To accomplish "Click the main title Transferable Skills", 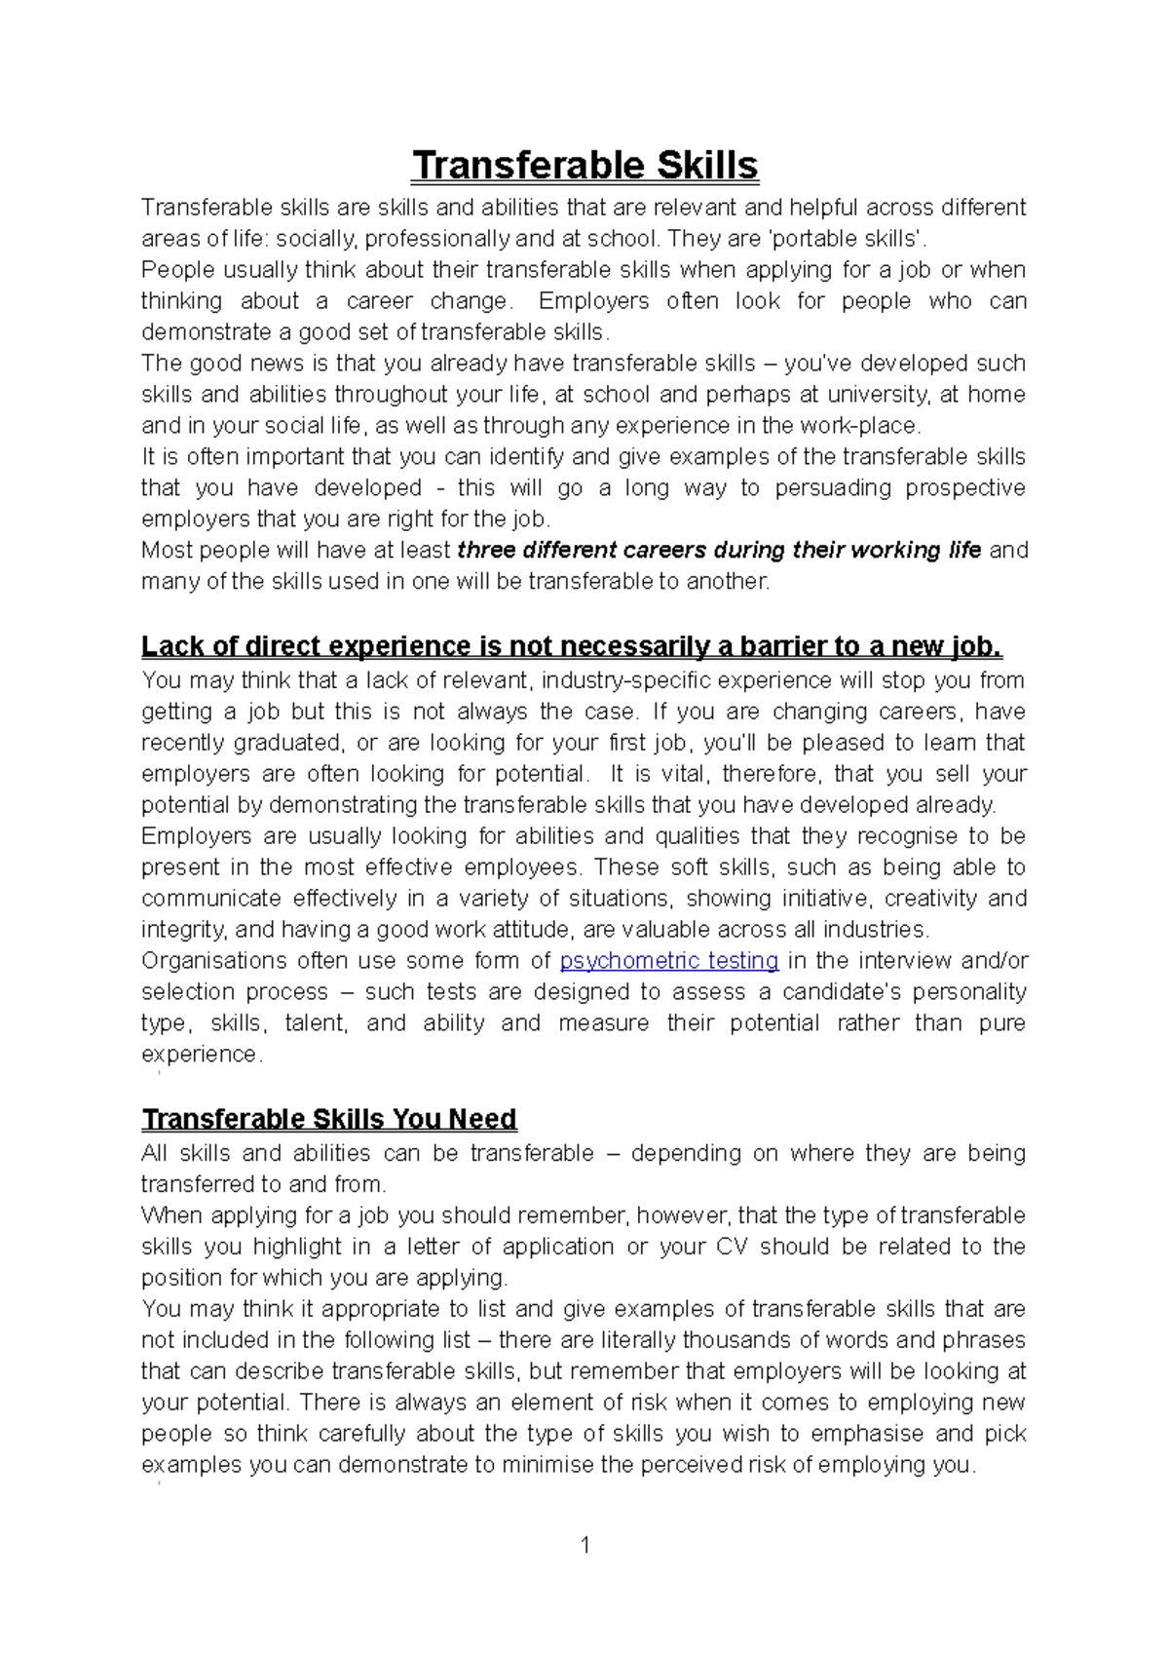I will (584, 166).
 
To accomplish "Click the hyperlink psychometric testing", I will (669, 961).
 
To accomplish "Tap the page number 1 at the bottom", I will (584, 1545).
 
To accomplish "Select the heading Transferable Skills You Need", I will (329, 1119).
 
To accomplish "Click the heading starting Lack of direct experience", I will (572, 646).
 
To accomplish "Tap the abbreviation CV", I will (732, 1247).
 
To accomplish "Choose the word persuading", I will (833, 488).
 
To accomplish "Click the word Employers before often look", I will (593, 301).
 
